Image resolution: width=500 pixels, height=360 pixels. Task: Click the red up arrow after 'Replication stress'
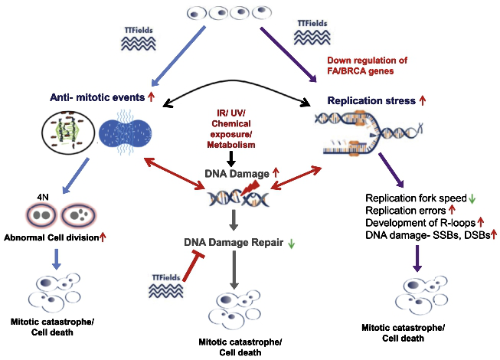pos(422,100)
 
